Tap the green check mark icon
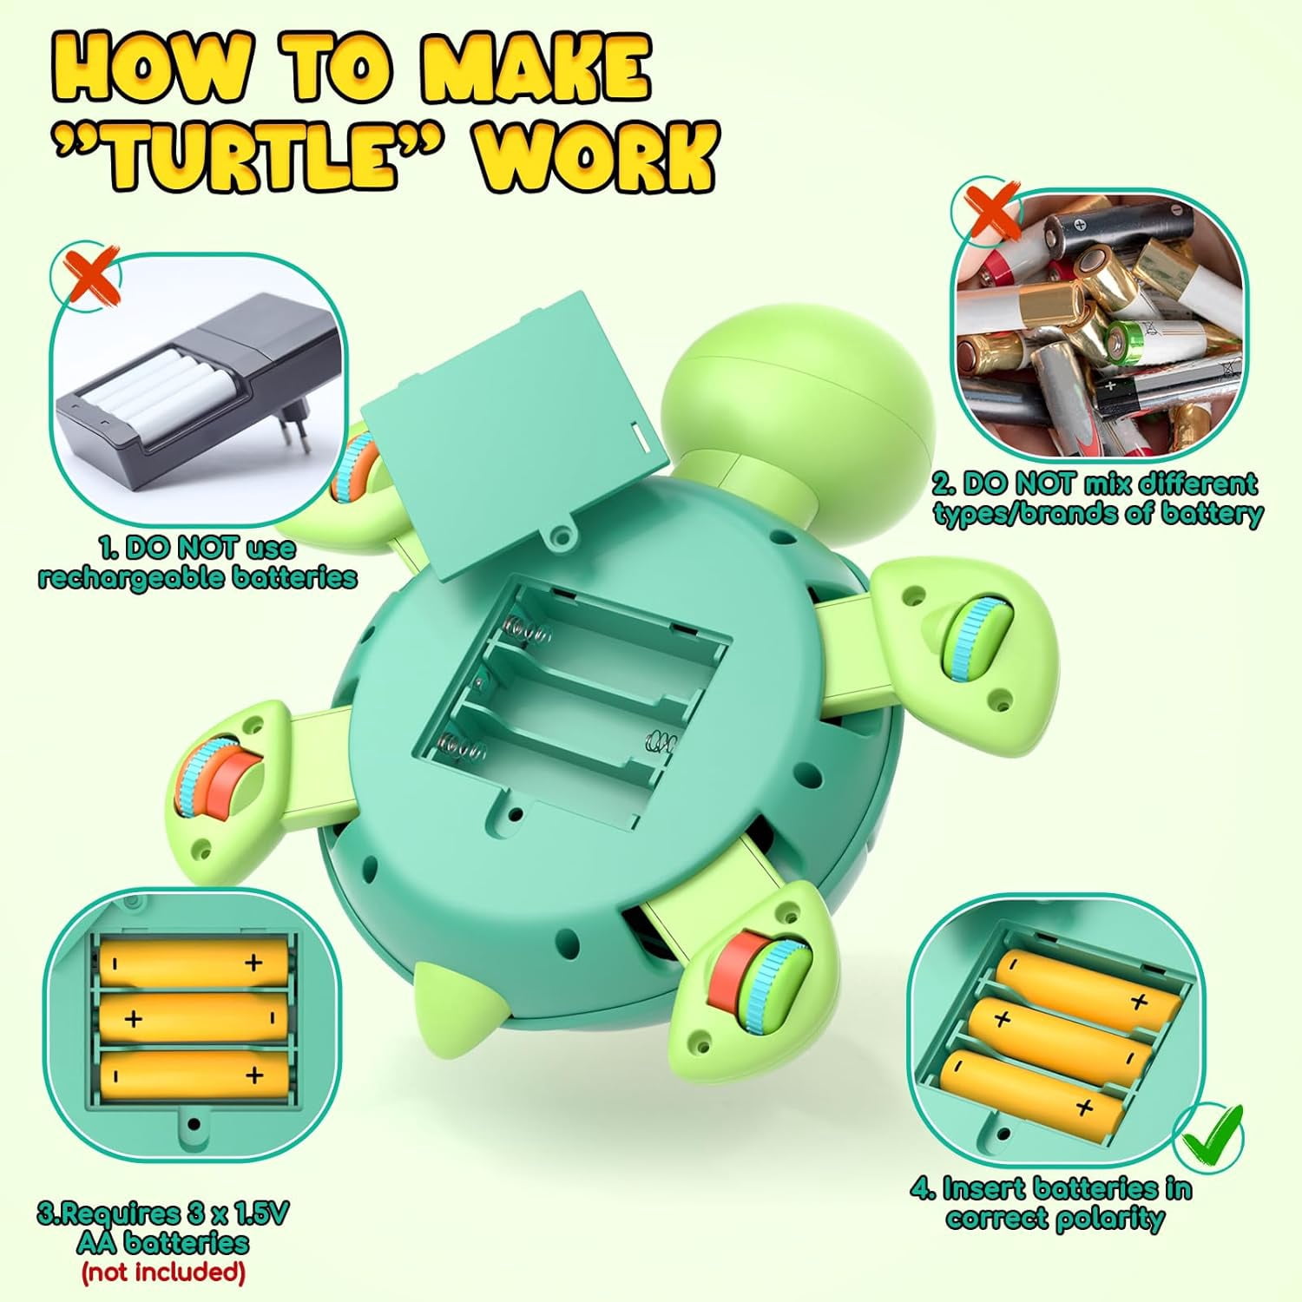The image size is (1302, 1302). coord(1210,1132)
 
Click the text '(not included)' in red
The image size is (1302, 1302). coord(163,1272)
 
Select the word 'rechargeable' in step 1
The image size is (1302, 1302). coord(116,577)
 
